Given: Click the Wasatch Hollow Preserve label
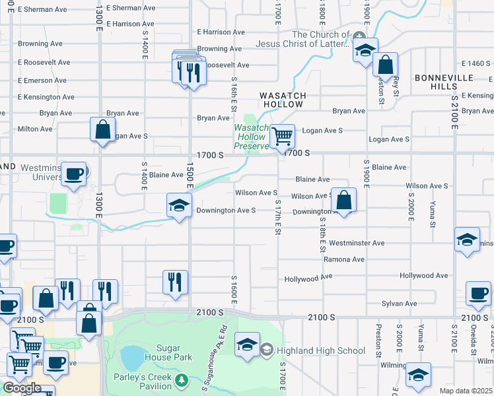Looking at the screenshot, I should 251,137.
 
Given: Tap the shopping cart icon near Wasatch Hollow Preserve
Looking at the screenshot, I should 283,137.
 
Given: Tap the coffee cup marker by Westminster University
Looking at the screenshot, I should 74,174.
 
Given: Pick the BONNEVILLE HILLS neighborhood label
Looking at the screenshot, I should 445,82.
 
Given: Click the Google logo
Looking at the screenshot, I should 22,388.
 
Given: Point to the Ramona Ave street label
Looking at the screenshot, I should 344,259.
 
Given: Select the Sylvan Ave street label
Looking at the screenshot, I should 400,304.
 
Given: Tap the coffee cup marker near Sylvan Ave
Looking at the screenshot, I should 478,293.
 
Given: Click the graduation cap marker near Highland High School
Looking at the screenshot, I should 248,345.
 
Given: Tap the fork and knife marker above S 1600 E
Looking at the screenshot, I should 175,282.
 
